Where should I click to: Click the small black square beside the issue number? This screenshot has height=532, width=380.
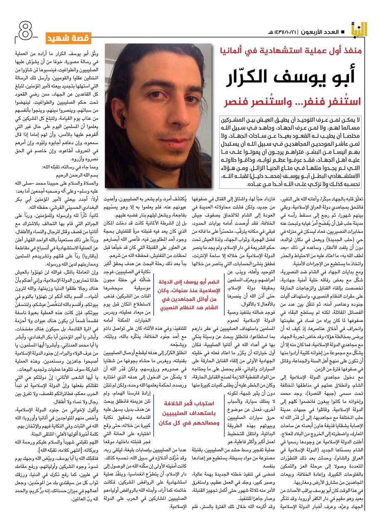(x=342, y=32)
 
